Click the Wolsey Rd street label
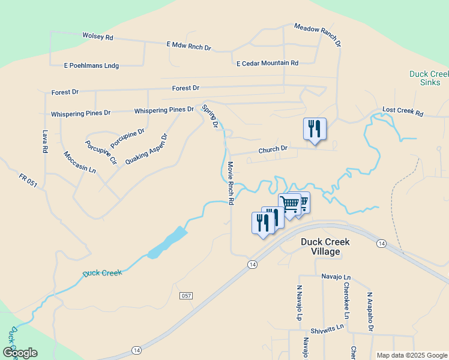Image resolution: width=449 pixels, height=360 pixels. coord(98,37)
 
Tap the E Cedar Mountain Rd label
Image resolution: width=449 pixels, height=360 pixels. coord(267,63)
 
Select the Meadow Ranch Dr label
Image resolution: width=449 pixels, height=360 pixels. coord(318,35)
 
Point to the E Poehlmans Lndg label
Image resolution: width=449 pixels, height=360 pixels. coord(92,65)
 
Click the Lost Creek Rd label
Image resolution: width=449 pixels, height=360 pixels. coord(403,112)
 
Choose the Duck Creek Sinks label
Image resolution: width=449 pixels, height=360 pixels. coord(429,79)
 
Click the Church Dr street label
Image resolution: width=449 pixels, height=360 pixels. coord(273,149)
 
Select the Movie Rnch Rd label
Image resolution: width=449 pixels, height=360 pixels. coord(230,183)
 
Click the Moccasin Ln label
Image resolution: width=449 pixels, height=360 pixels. coord(79,162)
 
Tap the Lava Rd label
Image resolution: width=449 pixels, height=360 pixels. coord(44,142)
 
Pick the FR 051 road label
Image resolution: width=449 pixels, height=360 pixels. coord(28,181)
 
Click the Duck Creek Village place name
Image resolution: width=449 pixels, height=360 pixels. coord(328,247)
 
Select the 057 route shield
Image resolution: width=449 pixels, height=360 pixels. coord(186,296)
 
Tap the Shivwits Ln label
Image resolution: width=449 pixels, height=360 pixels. coord(327,327)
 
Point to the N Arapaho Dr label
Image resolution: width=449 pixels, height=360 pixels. coord(370,311)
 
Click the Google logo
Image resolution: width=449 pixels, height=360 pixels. coord(20,353)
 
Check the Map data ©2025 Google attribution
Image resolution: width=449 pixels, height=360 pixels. coord(411,355)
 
